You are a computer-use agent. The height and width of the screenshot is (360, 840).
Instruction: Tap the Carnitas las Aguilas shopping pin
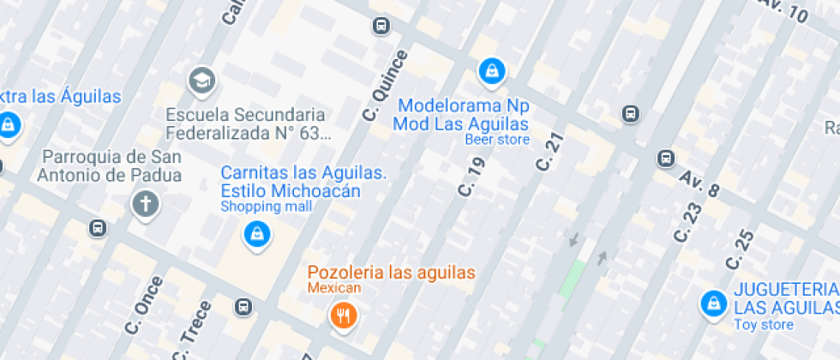[256, 234]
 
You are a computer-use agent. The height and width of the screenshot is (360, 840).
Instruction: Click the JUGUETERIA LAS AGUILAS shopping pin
[712, 303]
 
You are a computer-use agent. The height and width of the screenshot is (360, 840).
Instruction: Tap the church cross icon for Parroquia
[146, 204]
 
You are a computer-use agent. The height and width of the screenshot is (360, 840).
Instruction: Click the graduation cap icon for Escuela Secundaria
[202, 81]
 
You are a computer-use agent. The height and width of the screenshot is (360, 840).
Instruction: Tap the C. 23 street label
[687, 221]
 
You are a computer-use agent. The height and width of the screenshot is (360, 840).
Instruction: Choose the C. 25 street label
[740, 249]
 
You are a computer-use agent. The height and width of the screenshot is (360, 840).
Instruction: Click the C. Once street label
[143, 305]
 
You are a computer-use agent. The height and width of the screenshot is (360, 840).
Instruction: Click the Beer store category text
[497, 140]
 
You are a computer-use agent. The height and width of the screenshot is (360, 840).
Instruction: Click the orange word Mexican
[335, 289]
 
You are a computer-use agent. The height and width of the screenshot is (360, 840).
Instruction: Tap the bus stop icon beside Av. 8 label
[666, 158]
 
